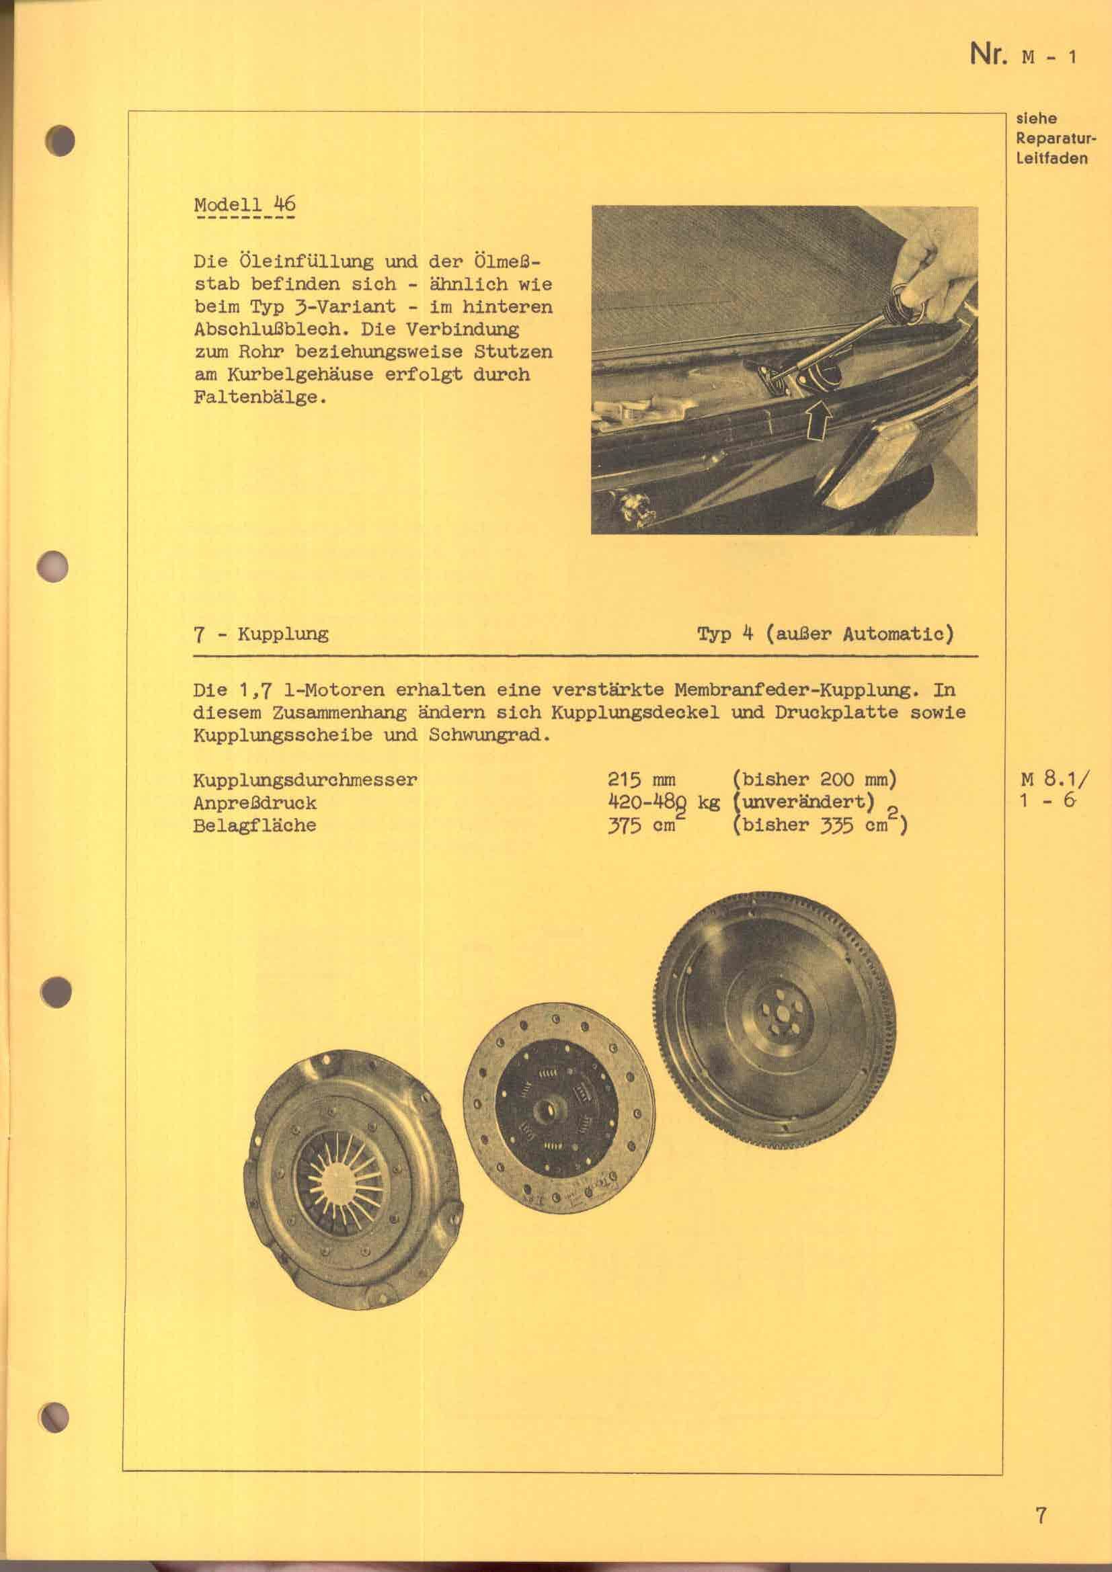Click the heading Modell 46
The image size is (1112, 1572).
(245, 205)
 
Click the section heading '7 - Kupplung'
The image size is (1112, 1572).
(261, 634)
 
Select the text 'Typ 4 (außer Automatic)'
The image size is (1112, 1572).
(825, 634)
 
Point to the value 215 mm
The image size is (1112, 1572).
(641, 780)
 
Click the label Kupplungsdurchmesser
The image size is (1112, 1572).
(305, 780)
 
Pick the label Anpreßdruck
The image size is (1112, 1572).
(255, 802)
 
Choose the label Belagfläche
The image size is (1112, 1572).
(255, 825)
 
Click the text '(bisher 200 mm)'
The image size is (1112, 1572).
(814, 780)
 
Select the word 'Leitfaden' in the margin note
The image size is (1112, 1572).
(1051, 159)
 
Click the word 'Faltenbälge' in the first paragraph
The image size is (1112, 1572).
(256, 398)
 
